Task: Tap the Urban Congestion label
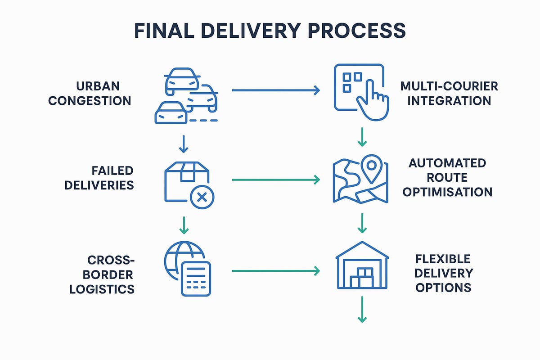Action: [90, 93]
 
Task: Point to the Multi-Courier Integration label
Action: [449, 93]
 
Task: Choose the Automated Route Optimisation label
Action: [447, 177]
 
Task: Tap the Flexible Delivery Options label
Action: [443, 273]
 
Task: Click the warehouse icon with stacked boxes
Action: [362, 270]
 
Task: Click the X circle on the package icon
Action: [202, 197]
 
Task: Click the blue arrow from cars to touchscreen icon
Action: [275, 90]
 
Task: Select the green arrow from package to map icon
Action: [275, 180]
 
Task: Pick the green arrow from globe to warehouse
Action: [275, 271]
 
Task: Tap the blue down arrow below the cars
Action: [183, 143]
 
